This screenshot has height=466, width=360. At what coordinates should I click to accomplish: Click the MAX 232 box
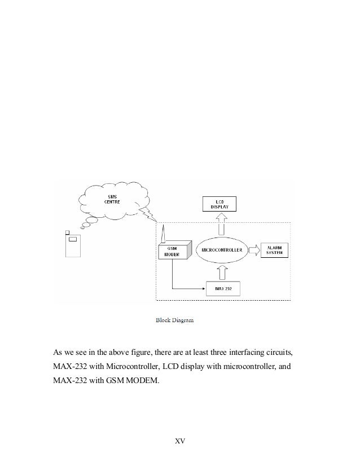pyautogui.click(x=223, y=289)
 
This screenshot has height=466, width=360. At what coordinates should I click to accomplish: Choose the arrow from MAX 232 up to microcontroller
pyautogui.click(x=222, y=272)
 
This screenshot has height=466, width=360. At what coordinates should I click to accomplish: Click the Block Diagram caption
pyautogui.click(x=174, y=321)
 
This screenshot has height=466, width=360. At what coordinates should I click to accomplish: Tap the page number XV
pyautogui.click(x=179, y=440)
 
